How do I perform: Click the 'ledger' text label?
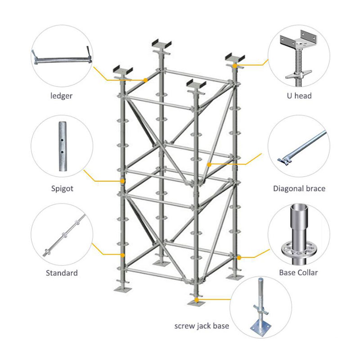62,96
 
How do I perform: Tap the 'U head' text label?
299,96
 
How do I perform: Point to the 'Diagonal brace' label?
299,188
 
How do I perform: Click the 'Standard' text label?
62,273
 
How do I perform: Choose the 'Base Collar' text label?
298,273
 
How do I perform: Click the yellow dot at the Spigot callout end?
122,181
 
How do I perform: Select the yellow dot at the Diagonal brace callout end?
209,165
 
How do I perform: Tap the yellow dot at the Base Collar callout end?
239,257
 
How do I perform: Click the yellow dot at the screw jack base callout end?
196,299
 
